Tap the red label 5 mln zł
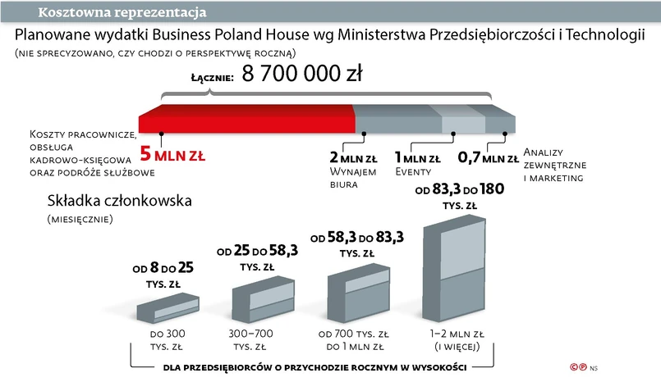(173, 153)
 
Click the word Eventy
(413, 172)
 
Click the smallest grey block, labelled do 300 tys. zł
(166, 310)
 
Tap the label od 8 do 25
(163, 268)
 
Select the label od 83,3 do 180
(459, 189)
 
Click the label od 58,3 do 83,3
(356, 238)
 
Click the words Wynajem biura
(352, 178)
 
